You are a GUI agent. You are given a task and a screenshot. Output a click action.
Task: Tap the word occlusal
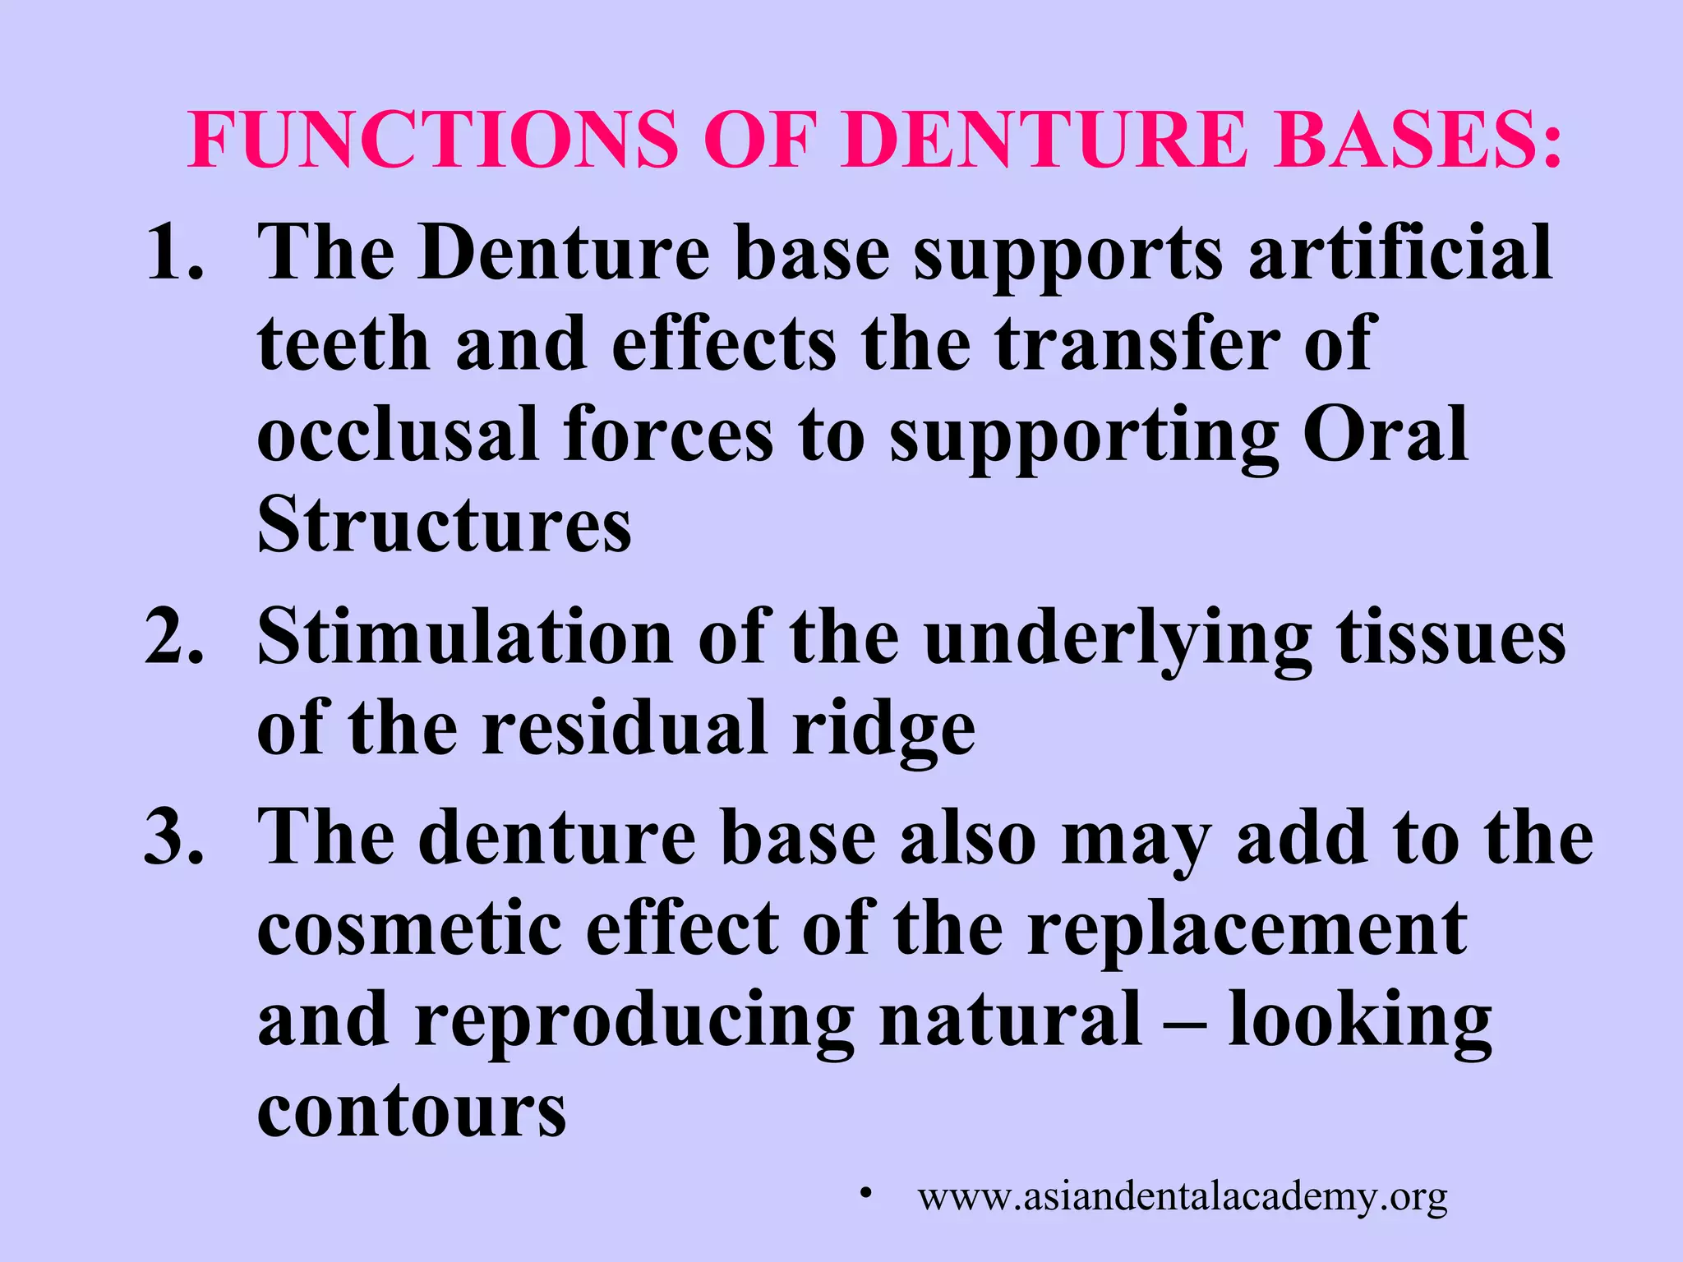coord(398,435)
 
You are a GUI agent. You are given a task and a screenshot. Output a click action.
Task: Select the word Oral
coord(1386,435)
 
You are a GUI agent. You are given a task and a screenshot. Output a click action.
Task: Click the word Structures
coord(445,526)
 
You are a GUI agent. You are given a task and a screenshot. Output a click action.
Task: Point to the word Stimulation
coord(465,639)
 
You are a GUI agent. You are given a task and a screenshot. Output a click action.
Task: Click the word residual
coord(625,730)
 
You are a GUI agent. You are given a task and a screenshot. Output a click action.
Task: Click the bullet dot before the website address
coord(865,1192)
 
